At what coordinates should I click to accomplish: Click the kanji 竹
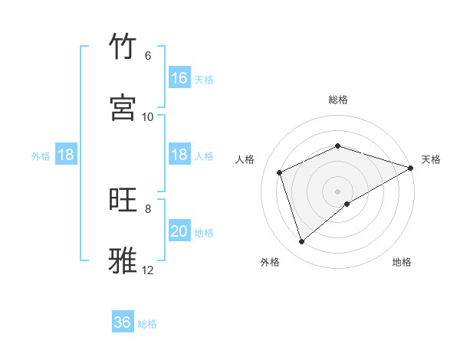pos(123,47)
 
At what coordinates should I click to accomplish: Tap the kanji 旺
pos(123,200)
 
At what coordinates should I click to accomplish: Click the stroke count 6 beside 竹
pos(148,56)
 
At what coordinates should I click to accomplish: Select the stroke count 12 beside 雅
pos(148,270)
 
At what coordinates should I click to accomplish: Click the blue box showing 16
pos(179,78)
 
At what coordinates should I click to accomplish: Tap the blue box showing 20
pos(179,231)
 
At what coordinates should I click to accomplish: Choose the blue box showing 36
pos(123,322)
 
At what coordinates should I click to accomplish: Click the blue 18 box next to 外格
pos(66,155)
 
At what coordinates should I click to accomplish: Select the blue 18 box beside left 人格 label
pos(179,155)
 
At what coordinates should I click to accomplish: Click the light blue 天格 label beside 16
pos(204,79)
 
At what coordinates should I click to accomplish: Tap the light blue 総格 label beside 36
pos(147,324)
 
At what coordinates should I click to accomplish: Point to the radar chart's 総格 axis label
pos(338,100)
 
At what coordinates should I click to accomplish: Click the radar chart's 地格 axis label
pos(402,263)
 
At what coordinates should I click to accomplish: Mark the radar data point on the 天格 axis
pos(412,168)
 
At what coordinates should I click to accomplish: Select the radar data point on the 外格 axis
pos(301,242)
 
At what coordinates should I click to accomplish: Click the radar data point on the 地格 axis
pos(347,204)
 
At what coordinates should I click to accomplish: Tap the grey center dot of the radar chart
pos(338,191)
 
